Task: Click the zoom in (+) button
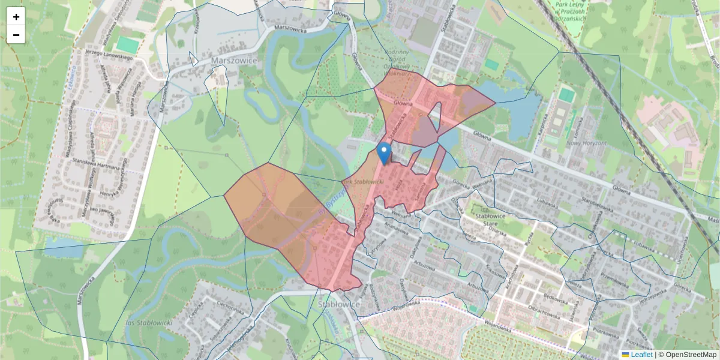(x=16, y=17)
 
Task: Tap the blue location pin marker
(x=384, y=153)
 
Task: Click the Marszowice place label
(x=234, y=61)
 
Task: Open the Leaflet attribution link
(x=641, y=355)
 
